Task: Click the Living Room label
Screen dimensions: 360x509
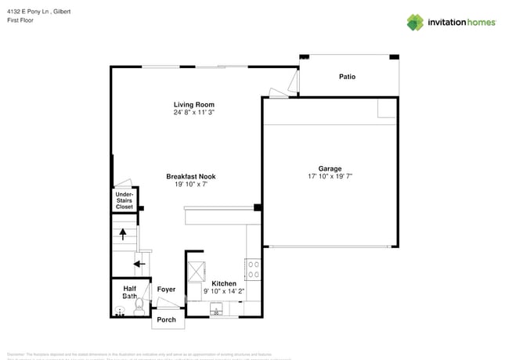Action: click(193, 104)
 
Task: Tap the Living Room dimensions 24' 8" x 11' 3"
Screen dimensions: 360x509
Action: click(193, 113)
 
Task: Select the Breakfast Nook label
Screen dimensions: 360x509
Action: click(190, 177)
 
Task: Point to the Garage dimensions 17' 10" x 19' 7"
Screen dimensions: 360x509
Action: click(330, 177)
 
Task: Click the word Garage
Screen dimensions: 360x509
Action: click(330, 168)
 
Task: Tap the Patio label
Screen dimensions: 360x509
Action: click(347, 77)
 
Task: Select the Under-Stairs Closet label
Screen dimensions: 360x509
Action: click(125, 200)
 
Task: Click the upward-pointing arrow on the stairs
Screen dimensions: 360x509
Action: click(122, 232)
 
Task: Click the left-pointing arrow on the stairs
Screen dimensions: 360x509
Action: click(139, 264)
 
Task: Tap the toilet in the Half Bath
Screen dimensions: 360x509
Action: click(136, 308)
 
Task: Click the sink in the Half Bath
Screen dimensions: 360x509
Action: click(120, 311)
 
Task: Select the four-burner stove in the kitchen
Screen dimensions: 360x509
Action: click(253, 270)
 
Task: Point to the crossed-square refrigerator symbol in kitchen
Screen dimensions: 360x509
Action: click(196, 270)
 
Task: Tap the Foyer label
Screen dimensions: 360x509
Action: click(166, 290)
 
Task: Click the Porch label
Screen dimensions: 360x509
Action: click(166, 319)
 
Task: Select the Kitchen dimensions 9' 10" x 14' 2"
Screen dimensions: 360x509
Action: click(224, 291)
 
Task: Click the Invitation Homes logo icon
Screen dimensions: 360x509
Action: click(414, 22)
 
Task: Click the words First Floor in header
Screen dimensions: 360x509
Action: click(21, 21)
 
